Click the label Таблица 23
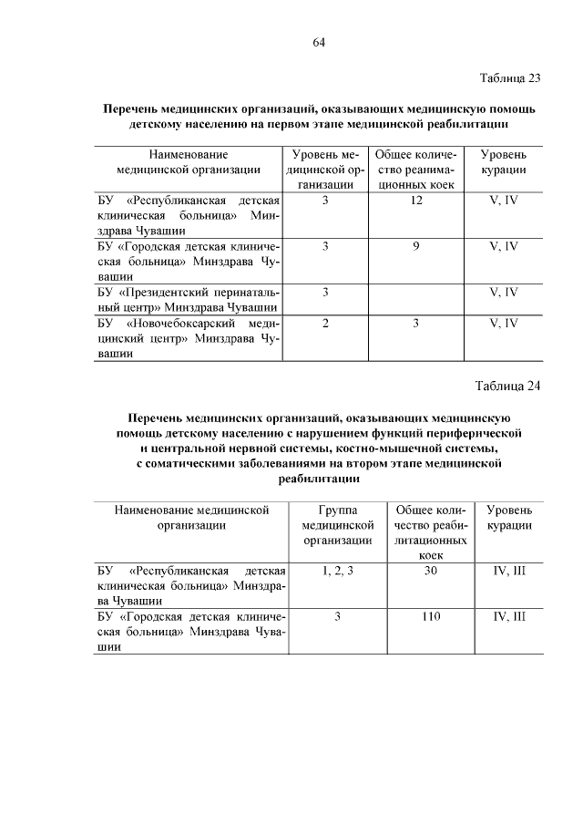click(510, 77)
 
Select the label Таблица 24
click(510, 385)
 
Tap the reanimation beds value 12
click(415, 199)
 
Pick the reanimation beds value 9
click(415, 245)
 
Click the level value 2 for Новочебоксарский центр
click(325, 323)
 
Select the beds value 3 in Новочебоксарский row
click(415, 323)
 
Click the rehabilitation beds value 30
click(432, 570)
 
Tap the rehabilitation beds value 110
click(432, 616)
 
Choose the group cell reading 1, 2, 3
click(337, 570)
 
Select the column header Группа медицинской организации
click(337, 525)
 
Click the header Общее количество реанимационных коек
click(415, 170)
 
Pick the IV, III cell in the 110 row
click(509, 616)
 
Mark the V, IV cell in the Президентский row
click(503, 292)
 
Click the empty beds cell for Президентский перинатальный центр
click(415, 299)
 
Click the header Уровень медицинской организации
click(325, 170)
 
